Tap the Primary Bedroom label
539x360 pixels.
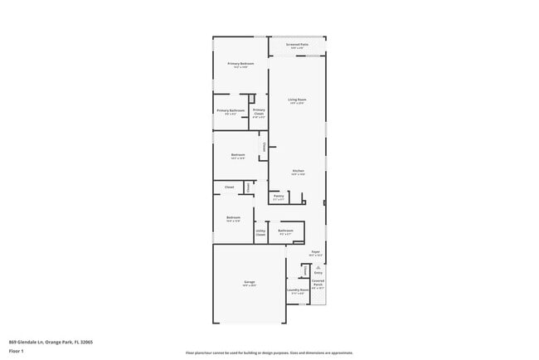pos(240,64)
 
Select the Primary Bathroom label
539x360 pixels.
pos(231,110)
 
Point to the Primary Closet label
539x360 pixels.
pos(259,111)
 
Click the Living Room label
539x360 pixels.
pos(297,100)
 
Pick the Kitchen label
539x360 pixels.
pos(298,171)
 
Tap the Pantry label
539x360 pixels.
pos(279,197)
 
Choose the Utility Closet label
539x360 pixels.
pos(260,234)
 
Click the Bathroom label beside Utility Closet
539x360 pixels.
pos(285,231)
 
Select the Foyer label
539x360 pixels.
pos(315,251)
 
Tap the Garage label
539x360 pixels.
pos(249,283)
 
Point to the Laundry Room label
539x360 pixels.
pos(298,290)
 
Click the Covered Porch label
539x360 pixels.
pos(318,282)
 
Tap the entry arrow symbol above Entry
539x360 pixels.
pos(318,266)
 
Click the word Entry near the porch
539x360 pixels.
pos(318,272)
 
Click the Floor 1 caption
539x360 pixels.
pos(17,351)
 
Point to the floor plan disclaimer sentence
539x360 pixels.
pos(269,353)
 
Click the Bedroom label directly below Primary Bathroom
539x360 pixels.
pos(238,155)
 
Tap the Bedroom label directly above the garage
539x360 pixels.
pos(233,218)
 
